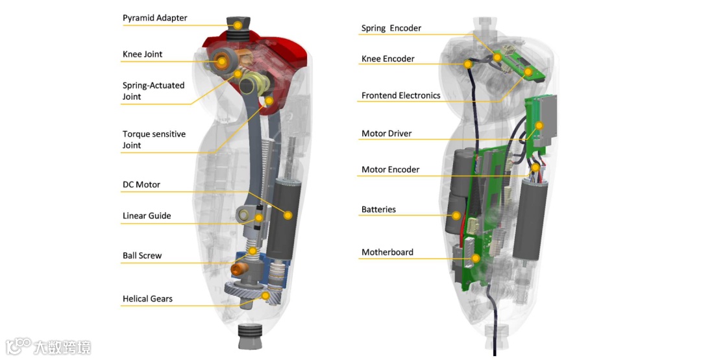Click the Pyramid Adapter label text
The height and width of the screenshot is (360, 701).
(x=154, y=18)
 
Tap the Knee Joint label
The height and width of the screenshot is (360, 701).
(x=142, y=54)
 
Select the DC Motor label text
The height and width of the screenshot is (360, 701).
(x=141, y=185)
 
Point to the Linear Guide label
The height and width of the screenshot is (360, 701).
(x=147, y=216)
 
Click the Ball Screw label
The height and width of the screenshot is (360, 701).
(x=142, y=256)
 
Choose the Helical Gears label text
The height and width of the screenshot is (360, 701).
(x=147, y=299)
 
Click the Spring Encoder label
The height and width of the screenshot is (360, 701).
(x=391, y=29)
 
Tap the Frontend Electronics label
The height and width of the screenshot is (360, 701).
(x=400, y=96)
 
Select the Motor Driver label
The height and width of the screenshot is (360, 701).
(x=386, y=134)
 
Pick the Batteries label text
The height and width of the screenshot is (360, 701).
(x=378, y=210)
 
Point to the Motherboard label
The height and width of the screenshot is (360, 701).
(x=387, y=252)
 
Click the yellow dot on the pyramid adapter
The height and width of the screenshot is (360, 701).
(x=238, y=25)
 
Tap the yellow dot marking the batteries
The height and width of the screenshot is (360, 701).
(x=456, y=216)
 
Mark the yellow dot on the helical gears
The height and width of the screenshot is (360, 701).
(x=265, y=295)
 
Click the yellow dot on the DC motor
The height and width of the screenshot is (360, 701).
(x=288, y=215)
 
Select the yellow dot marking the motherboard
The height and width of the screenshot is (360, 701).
(x=476, y=258)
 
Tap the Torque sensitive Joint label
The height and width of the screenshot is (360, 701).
(x=154, y=139)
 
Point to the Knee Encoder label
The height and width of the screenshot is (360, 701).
(x=387, y=59)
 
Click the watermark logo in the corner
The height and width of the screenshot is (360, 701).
(x=48, y=346)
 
